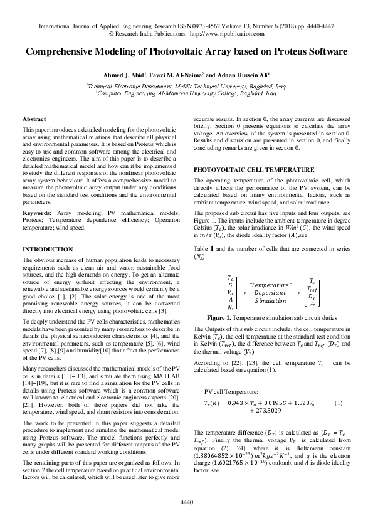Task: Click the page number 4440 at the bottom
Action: (186, 502)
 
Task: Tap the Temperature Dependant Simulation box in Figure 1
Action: (271, 292)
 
